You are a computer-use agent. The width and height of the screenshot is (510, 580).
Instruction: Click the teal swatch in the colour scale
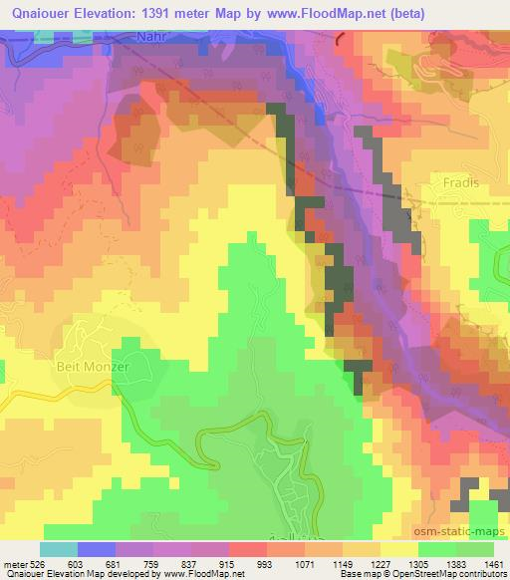pos(59,550)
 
